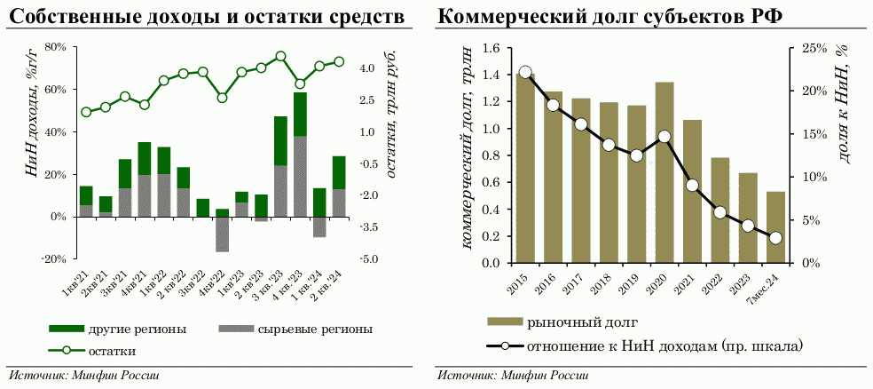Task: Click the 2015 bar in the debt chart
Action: (525, 169)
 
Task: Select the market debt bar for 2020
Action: (665, 173)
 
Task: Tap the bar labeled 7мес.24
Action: (775, 228)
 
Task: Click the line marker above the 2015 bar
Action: (525, 73)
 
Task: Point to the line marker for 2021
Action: (692, 185)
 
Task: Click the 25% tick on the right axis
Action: (815, 48)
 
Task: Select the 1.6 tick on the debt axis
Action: (491, 48)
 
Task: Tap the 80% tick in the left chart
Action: (56, 47)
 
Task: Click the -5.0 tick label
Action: (370, 259)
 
